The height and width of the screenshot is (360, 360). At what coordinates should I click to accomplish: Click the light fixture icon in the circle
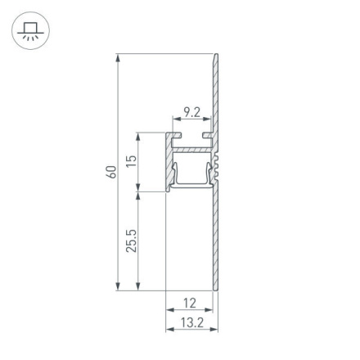click(29, 31)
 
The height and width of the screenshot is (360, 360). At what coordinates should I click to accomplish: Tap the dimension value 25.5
click(132, 241)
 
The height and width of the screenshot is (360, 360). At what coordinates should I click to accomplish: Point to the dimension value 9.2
click(191, 111)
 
